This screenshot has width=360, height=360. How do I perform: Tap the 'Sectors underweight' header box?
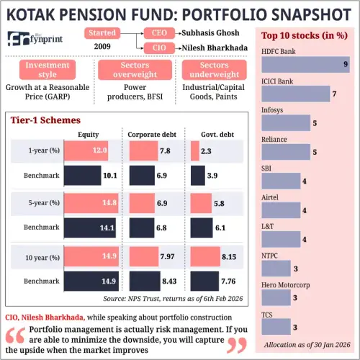213,69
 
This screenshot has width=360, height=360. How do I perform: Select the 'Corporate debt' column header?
151,135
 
